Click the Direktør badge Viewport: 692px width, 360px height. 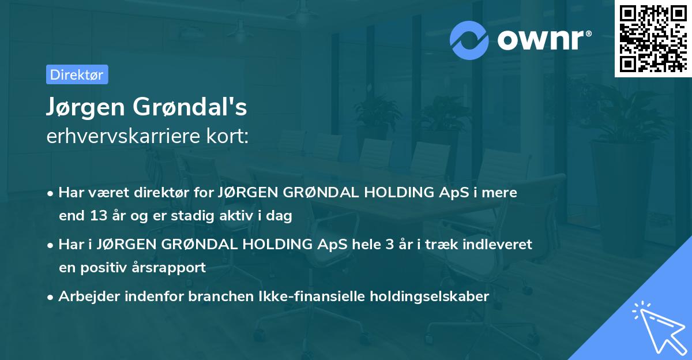[77, 74]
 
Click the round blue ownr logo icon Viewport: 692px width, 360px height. [469, 40]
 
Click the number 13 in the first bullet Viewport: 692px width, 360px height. [96, 216]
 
